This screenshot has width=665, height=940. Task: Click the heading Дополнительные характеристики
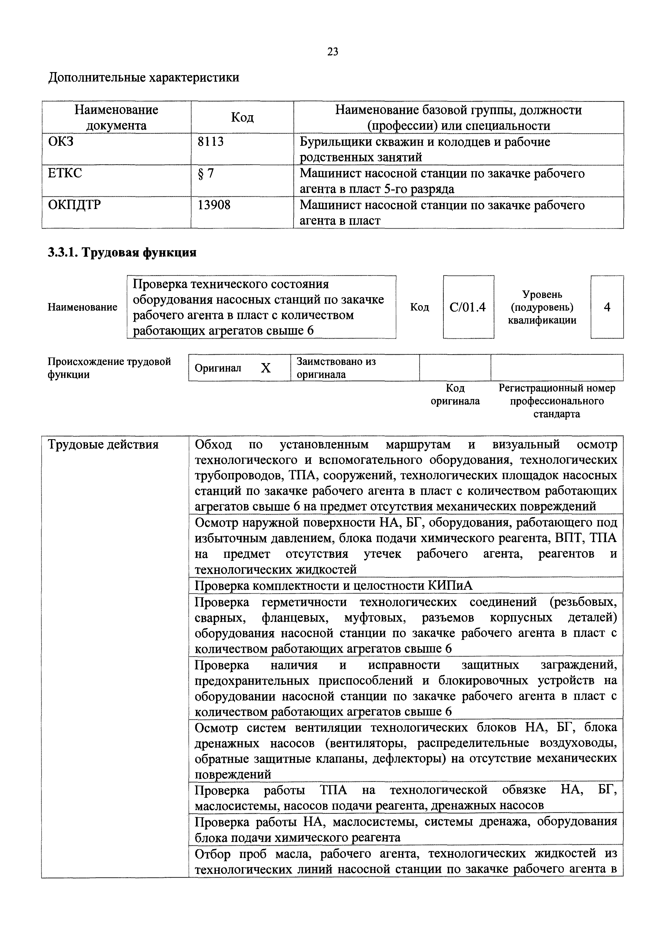(143, 77)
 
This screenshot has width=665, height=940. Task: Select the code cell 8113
(210, 142)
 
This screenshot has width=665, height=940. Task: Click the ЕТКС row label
(65, 173)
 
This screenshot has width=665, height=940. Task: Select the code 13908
(214, 205)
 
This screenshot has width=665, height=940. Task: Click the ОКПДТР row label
(74, 205)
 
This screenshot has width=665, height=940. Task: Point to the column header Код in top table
(242, 117)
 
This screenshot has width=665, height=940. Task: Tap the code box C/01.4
(468, 307)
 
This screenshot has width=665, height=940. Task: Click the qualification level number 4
(607, 307)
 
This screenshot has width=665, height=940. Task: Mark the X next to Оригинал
(266, 368)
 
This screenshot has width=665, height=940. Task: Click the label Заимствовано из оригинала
(336, 368)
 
